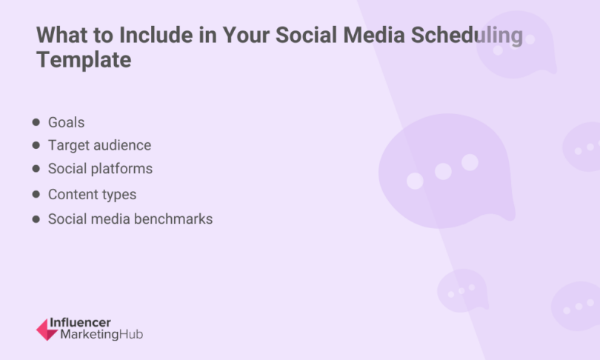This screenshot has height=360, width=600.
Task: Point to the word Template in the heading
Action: (x=84, y=60)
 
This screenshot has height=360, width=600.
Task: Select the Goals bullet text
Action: (x=67, y=122)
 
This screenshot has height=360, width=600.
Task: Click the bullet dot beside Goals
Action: (x=36, y=121)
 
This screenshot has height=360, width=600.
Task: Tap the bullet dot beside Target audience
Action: (x=36, y=145)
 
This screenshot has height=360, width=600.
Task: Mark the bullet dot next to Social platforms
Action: (x=36, y=169)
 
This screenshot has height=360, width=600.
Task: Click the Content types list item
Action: (x=92, y=195)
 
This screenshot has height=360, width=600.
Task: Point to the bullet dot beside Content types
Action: (x=36, y=195)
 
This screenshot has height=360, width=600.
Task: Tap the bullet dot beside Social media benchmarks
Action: (x=36, y=219)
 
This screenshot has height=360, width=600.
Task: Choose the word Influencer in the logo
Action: (x=79, y=323)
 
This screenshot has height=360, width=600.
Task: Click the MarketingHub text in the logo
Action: (x=96, y=335)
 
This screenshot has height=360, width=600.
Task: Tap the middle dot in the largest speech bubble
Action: (x=443, y=172)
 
